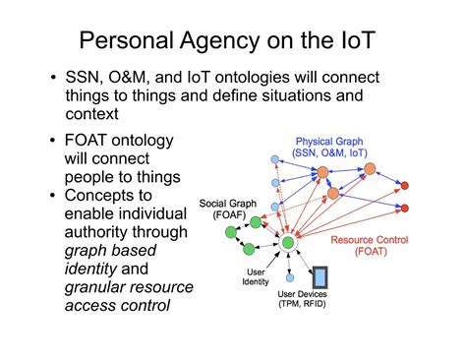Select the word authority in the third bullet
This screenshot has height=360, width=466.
[x=96, y=230]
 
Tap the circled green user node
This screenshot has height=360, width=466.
[x=288, y=242]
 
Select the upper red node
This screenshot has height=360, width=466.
[x=404, y=185]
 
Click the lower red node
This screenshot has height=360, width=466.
[x=404, y=208]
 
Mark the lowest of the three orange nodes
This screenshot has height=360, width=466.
[x=334, y=192]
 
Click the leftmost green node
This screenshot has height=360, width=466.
[x=229, y=232]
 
